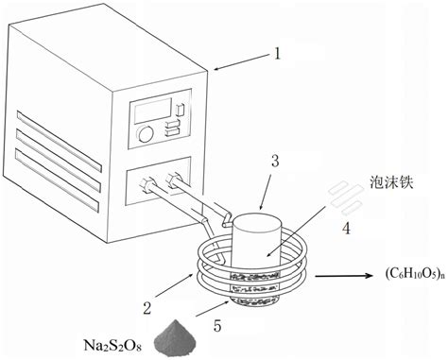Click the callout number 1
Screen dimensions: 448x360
click(277, 54)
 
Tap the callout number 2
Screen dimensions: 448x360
click(146, 308)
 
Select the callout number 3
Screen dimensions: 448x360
click(275, 161)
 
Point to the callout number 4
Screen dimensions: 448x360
click(346, 228)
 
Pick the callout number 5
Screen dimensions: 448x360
click(217, 326)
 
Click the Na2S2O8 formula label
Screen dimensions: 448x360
click(112, 346)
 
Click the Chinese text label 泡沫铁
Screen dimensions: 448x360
click(391, 183)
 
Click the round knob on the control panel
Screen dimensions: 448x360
click(146, 134)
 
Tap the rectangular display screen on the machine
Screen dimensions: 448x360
click(153, 111)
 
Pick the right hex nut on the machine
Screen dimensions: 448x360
click(173, 180)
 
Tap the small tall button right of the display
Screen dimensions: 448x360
click(180, 110)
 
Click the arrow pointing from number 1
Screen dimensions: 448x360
click(242, 61)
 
